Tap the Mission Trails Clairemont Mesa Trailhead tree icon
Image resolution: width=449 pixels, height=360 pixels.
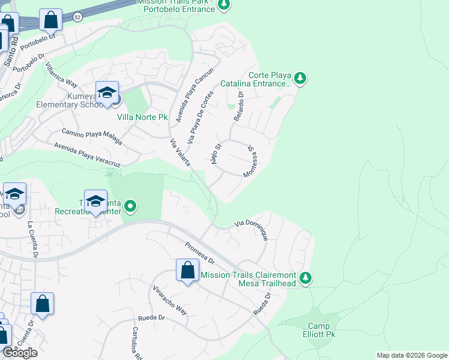pyautogui.click(x=306, y=278)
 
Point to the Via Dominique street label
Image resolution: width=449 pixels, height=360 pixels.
pyautogui.click(x=252, y=230)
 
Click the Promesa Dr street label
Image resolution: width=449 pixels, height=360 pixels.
pyautogui.click(x=199, y=252)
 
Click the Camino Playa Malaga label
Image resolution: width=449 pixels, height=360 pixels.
pyautogui.click(x=92, y=137)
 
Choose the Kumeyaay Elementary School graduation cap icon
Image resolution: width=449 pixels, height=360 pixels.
pyautogui.click(x=107, y=93)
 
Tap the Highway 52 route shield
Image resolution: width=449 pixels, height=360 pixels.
pyautogui.click(x=78, y=17)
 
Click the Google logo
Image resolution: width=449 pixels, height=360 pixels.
pyautogui.click(x=20, y=353)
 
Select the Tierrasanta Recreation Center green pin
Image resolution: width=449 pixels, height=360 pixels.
pyautogui.click(x=130, y=208)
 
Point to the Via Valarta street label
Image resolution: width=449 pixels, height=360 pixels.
pyautogui.click(x=180, y=153)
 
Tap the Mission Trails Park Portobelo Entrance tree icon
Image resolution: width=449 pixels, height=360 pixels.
pyautogui.click(x=223, y=5)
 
